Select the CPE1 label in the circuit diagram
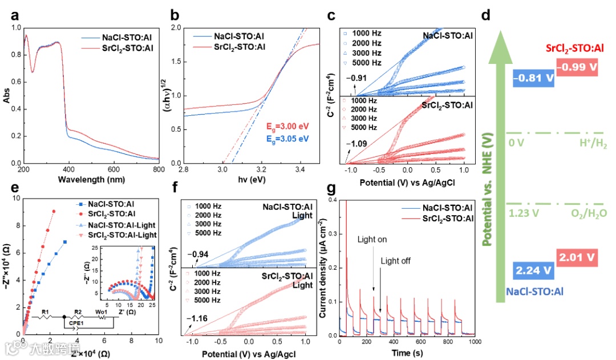coord(76,323)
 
